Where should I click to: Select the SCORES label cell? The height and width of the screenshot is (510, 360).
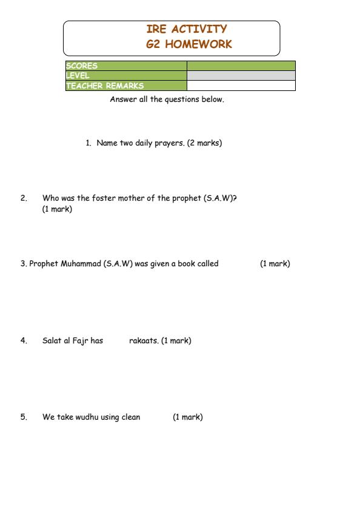(x=125, y=65)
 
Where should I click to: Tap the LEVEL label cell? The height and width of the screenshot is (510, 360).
(x=125, y=75)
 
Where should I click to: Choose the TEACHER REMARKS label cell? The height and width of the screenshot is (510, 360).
(x=125, y=86)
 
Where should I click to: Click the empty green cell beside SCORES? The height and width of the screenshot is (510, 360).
(x=241, y=65)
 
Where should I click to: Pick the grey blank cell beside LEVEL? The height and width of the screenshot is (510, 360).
(x=241, y=75)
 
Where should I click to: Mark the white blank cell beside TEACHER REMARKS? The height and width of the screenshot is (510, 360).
(x=241, y=86)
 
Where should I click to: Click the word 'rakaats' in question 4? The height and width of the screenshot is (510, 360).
(x=144, y=341)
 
